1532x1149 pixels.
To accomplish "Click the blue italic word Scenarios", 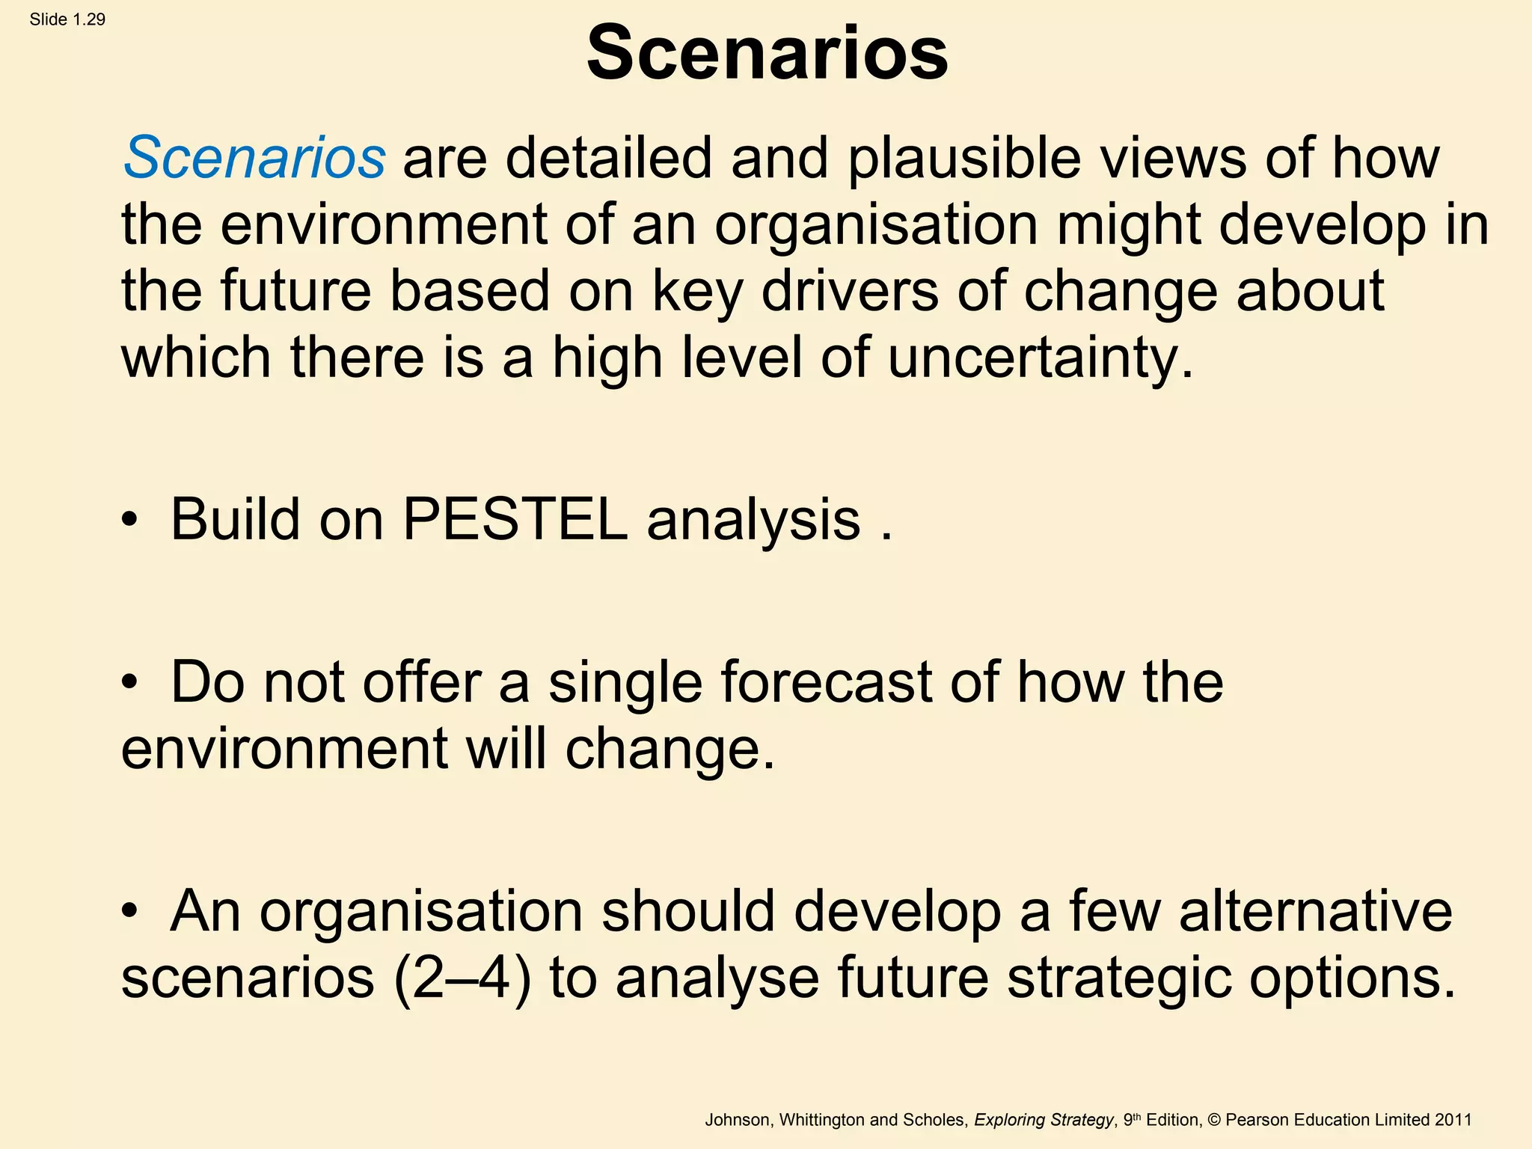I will click(254, 159).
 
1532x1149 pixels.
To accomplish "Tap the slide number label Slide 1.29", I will click(67, 19).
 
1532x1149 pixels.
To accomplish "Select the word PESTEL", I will click(515, 519).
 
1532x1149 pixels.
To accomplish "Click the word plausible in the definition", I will click(964, 159).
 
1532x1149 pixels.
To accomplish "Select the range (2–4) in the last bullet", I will click(462, 977).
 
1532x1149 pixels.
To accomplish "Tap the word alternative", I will click(1316, 911).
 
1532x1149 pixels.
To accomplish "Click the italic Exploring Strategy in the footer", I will click(1044, 1120).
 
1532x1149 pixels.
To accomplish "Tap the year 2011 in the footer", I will click(1453, 1120).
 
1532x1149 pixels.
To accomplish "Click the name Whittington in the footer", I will click(822, 1120).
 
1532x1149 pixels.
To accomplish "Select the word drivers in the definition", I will click(850, 292).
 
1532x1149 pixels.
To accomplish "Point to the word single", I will click(625, 682).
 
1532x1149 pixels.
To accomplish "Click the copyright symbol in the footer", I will click(1214, 1120).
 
